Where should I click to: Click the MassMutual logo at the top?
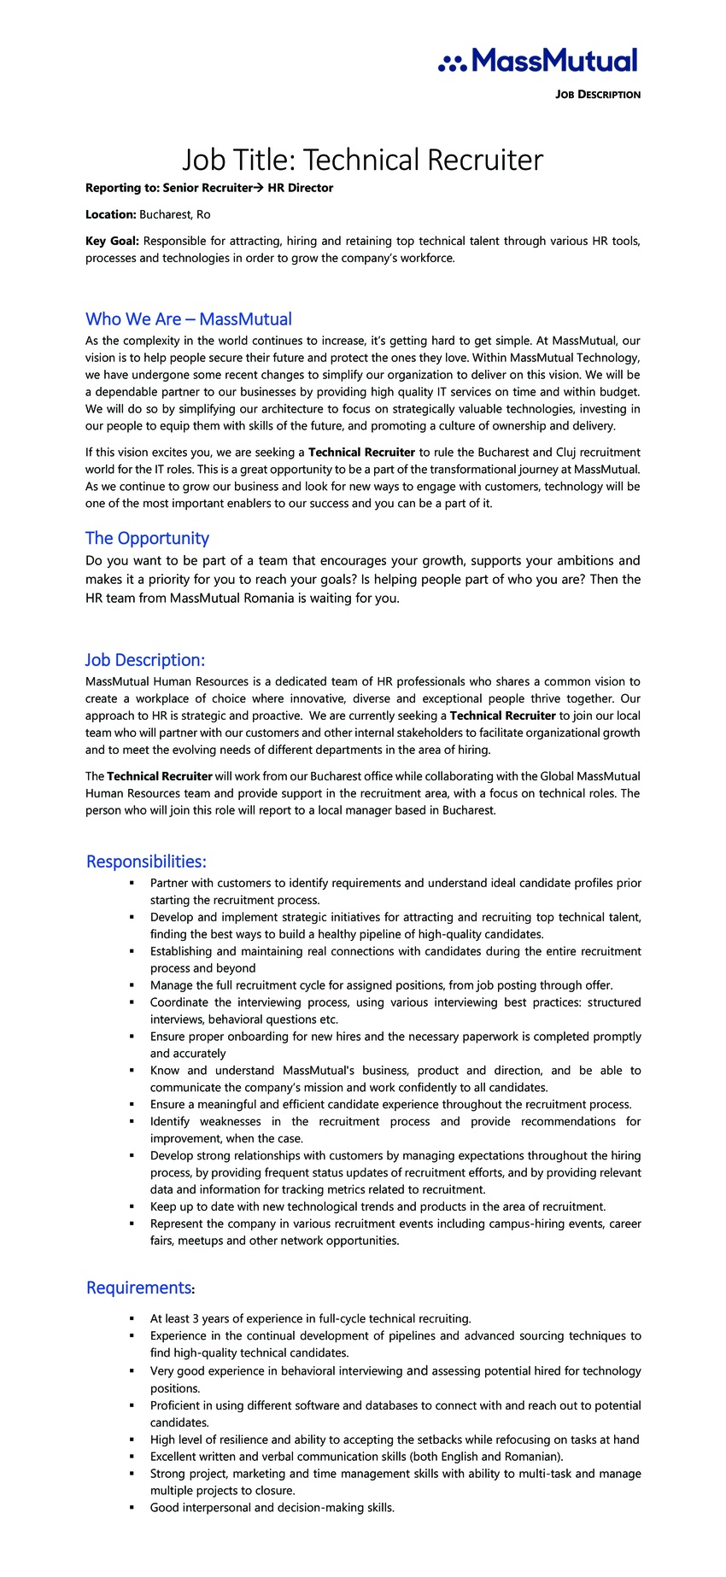tap(538, 61)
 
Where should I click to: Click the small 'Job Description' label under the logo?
tap(597, 95)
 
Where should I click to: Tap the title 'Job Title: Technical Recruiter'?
tap(362, 160)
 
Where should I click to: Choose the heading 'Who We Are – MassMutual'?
tap(189, 319)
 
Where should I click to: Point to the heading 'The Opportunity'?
tap(147, 538)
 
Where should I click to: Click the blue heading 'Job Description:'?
tap(145, 660)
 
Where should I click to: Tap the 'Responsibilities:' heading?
tap(146, 862)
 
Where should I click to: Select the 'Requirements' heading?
tap(138, 1288)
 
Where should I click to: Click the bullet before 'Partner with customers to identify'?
tap(132, 883)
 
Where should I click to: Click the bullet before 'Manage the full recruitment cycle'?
tap(132, 985)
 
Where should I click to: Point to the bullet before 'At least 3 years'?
tap(132, 1319)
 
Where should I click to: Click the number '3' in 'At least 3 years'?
tap(195, 1319)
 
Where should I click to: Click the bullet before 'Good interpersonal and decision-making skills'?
tap(132, 1508)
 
